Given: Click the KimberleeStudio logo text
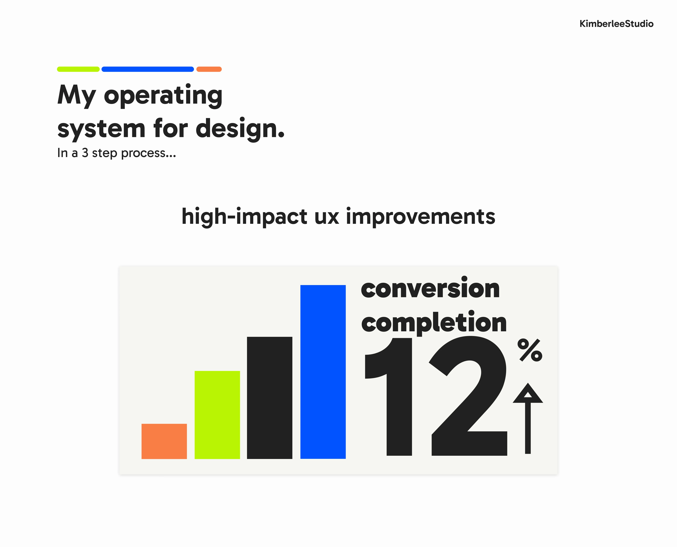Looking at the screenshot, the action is [616, 24].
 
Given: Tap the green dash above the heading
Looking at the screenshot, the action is [78, 69].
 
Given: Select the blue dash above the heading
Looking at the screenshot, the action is [147, 69].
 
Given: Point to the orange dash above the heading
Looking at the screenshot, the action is [209, 69].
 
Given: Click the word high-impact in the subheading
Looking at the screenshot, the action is [244, 217].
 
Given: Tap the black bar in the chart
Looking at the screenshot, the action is [269, 398].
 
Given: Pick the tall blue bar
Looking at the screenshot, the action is [323, 372].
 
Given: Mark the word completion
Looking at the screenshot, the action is [434, 322].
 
